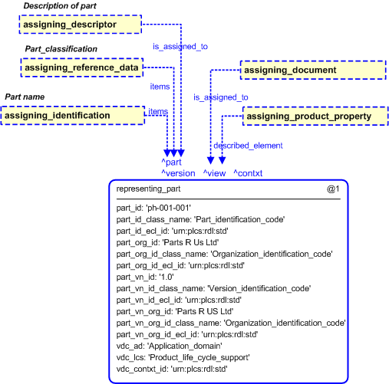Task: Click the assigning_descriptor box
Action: tap(81, 25)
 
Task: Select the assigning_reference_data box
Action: tap(82, 67)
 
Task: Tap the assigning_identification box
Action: tap(73, 116)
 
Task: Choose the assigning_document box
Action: tap(313, 70)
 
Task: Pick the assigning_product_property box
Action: tap(315, 117)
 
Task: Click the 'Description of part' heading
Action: tap(60, 6)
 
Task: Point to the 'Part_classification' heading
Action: tap(61, 49)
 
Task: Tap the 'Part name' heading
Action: tap(25, 97)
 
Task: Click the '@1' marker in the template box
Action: tap(333, 189)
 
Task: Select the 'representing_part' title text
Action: tap(148, 189)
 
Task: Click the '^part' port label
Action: tap(171, 162)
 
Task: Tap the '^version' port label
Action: tap(178, 173)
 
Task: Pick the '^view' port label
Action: tap(214, 173)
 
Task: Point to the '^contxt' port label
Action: tap(248, 173)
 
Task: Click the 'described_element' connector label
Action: tap(248, 146)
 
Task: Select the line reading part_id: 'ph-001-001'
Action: tap(153, 208)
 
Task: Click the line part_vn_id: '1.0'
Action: tap(145, 277)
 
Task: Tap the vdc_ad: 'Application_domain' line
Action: tap(170, 346)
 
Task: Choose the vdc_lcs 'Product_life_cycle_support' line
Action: tap(183, 357)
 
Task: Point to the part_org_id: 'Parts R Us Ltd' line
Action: tap(167, 242)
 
